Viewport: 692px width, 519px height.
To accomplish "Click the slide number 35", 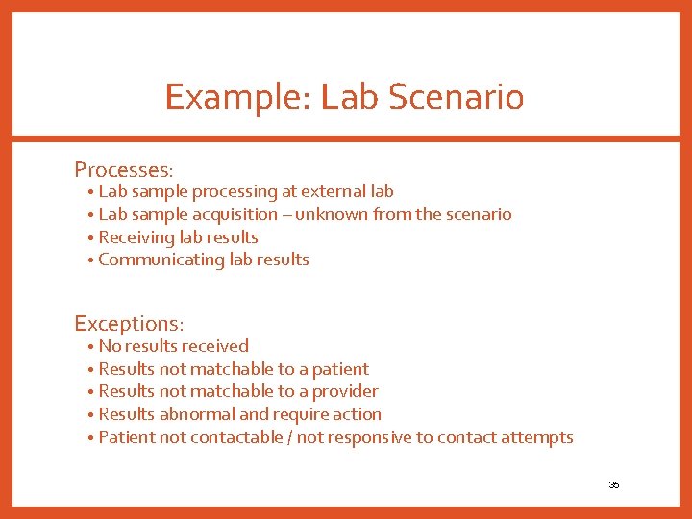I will tap(614, 484).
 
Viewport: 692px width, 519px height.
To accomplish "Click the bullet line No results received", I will tap(173, 346).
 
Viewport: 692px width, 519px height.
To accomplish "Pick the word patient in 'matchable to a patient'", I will tap(340, 369).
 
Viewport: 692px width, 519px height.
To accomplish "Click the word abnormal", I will tap(196, 414).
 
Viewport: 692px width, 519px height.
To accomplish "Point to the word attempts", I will tap(539, 437).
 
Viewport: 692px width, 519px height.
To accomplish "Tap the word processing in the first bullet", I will tap(235, 191).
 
